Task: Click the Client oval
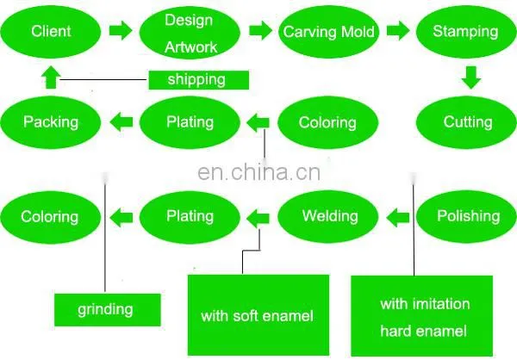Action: coord(51,32)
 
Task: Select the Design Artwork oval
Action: coord(190,33)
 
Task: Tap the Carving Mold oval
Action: coord(328,32)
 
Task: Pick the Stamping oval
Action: coord(466,32)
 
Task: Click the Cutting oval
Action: coord(466,122)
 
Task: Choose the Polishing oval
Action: coord(466,216)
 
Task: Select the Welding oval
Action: coord(328,216)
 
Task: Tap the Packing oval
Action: coord(51,122)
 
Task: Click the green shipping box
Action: coord(198,80)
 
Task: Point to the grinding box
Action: coord(108,310)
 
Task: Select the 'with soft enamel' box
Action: coord(258,315)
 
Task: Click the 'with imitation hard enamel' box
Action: coord(421,316)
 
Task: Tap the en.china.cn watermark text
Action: coord(258,172)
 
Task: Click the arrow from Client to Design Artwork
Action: coord(121,31)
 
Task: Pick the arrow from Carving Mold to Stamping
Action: coord(398,31)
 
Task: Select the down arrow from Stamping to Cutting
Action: coord(471,78)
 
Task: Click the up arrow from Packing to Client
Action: coord(51,78)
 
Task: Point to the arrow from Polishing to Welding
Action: coord(397,218)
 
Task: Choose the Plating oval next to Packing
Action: coord(190,122)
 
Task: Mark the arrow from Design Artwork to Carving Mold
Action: coord(260,31)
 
